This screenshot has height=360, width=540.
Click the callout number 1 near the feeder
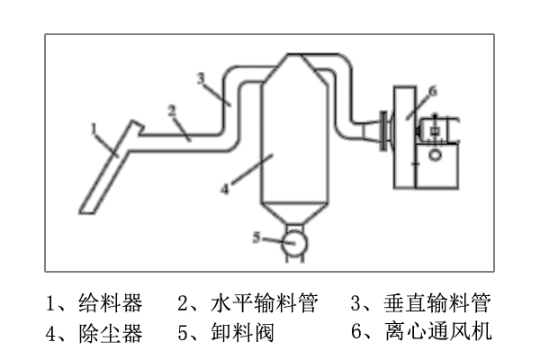pyautogui.click(x=94, y=130)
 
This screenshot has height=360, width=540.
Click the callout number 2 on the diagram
pyautogui.click(x=170, y=110)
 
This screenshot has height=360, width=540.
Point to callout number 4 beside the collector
pyautogui.click(x=226, y=188)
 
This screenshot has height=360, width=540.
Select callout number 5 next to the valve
pyautogui.click(x=256, y=238)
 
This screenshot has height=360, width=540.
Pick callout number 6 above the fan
pyautogui.click(x=433, y=90)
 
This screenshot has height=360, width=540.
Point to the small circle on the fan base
pyautogui.click(x=436, y=155)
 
